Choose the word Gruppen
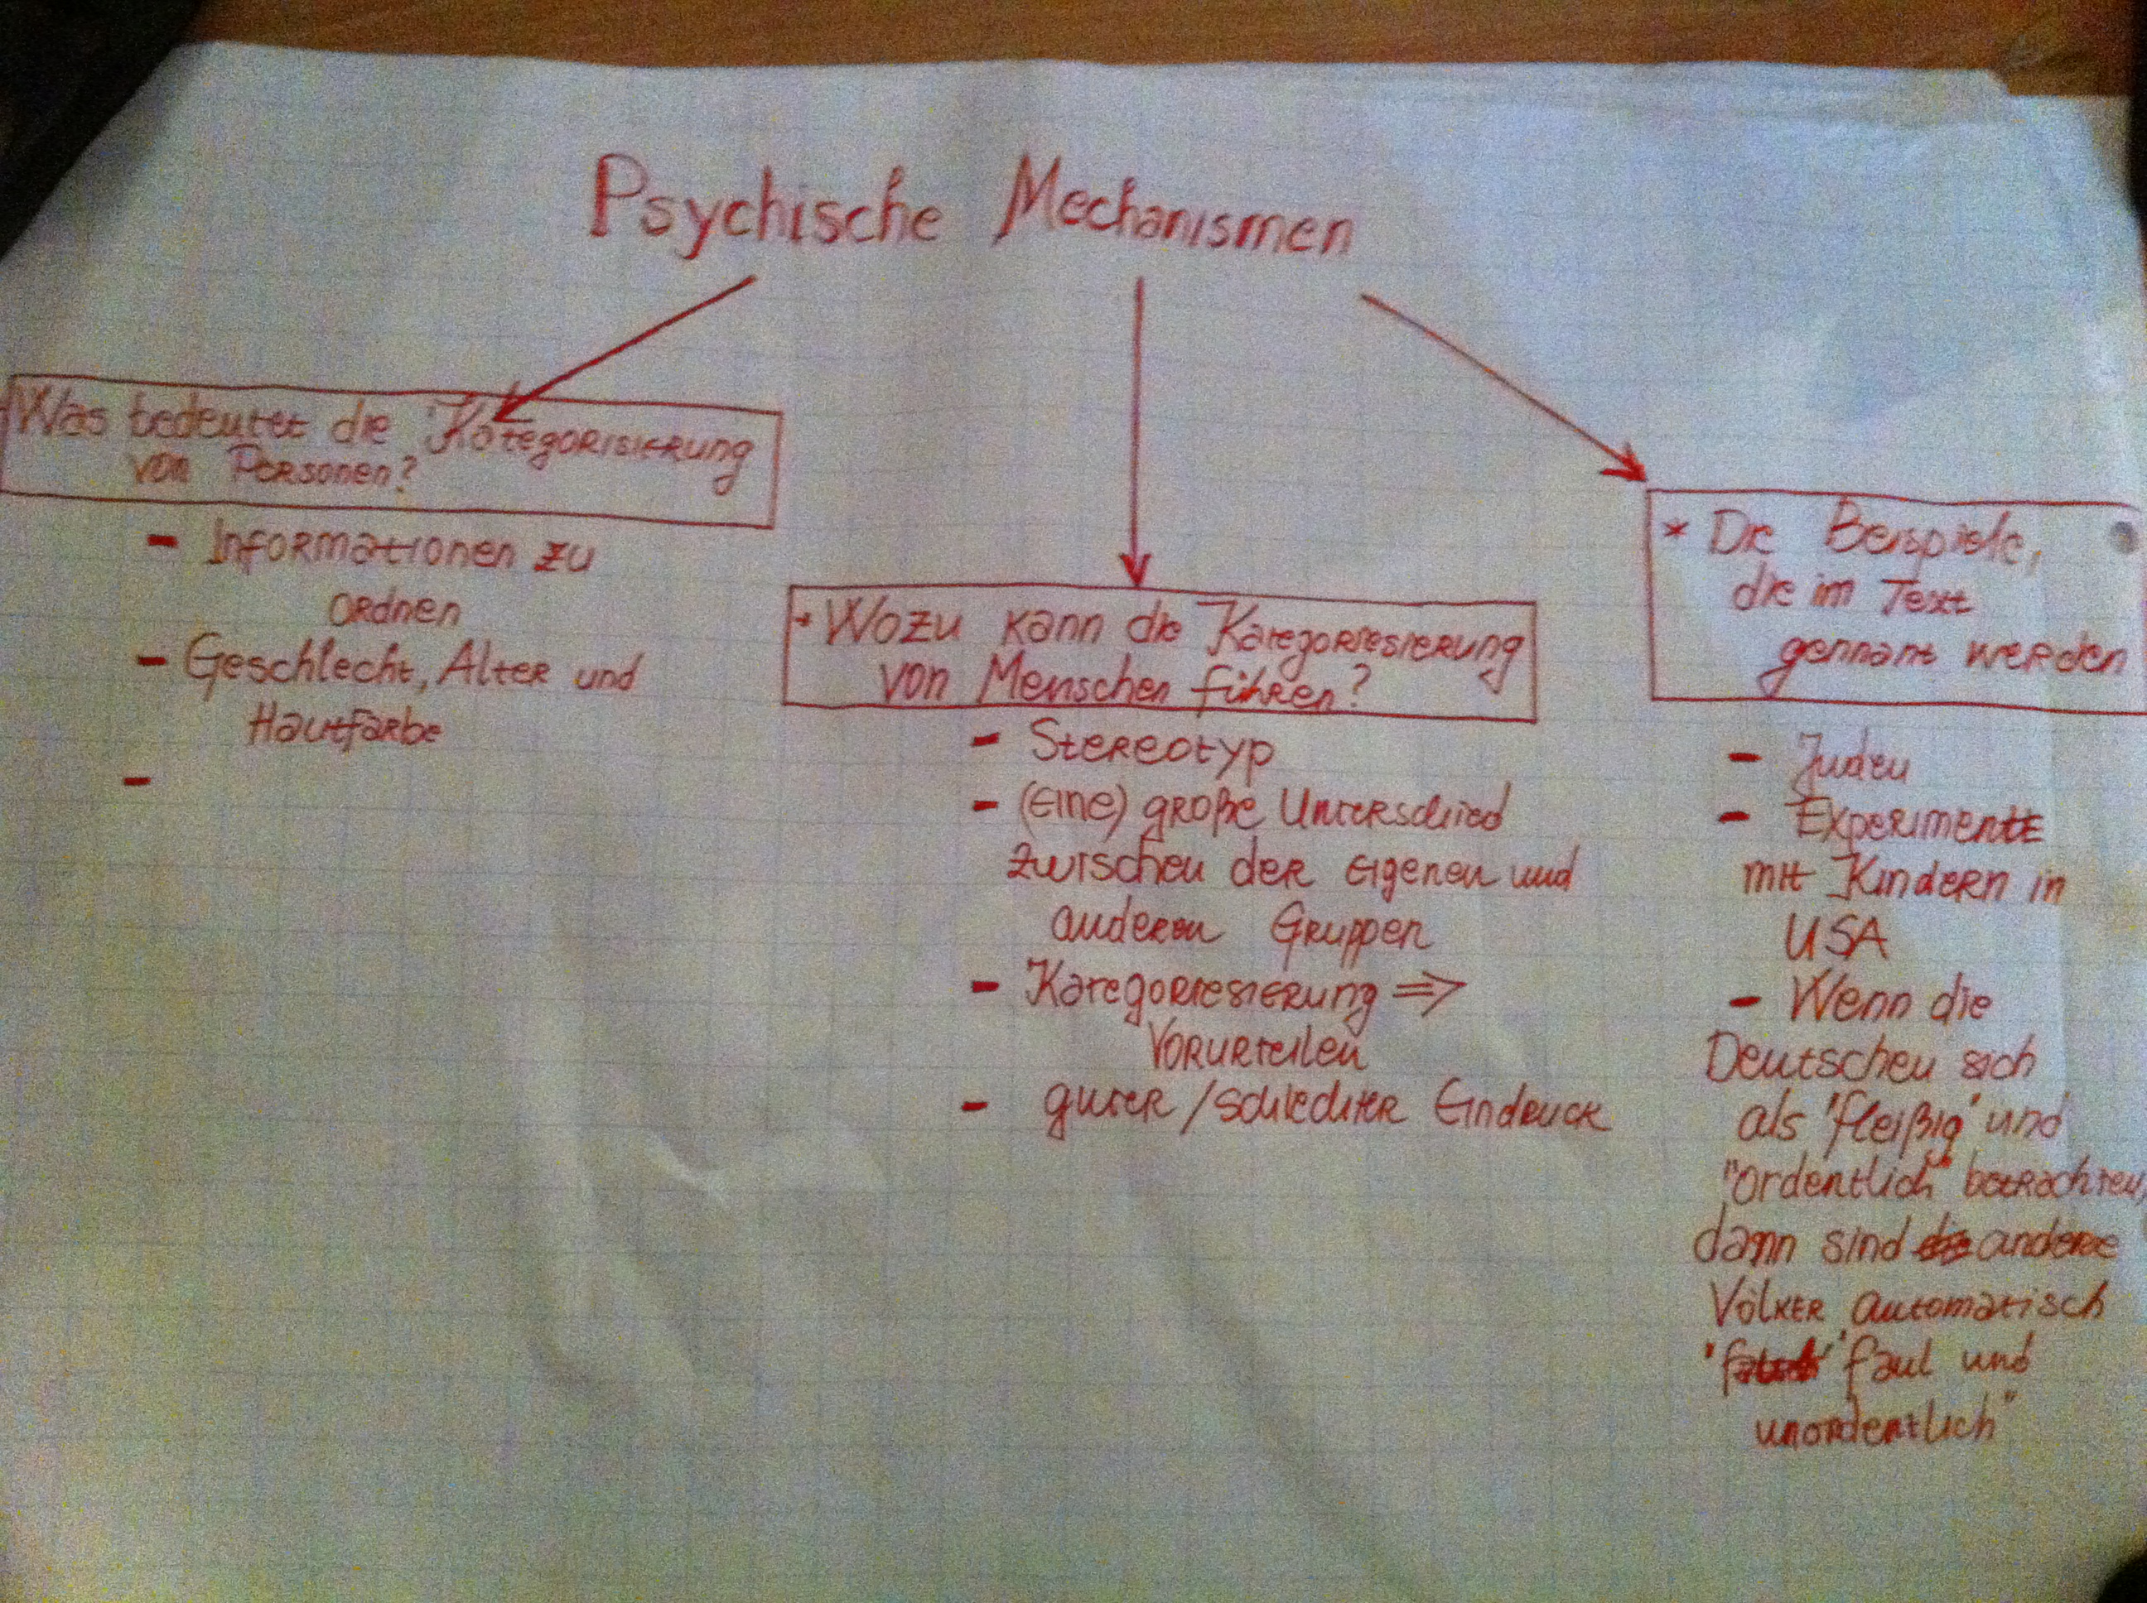pos(1349,931)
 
